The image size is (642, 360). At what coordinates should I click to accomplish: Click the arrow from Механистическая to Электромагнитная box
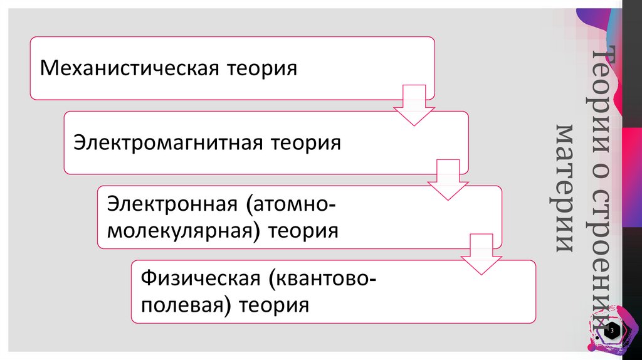[413, 106]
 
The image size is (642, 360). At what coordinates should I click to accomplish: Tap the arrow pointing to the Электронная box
[447, 181]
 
